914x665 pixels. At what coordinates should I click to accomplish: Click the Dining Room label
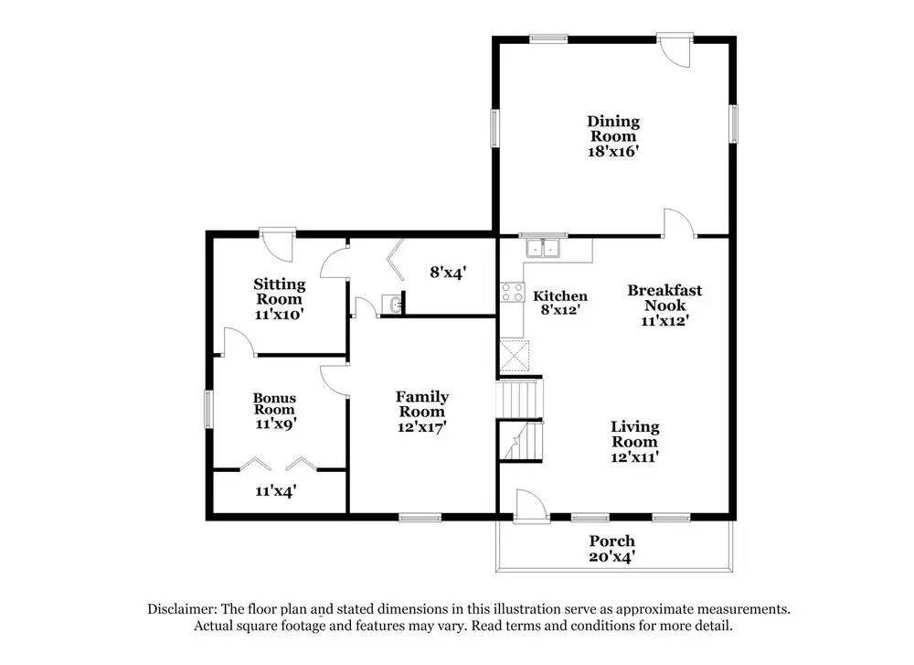coord(613,129)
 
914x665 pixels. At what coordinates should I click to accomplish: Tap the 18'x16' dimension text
coord(613,152)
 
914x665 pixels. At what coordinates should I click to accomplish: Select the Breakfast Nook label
coord(664,297)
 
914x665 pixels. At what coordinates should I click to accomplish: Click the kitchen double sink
coord(544,248)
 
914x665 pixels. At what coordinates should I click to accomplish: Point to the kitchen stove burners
coord(510,293)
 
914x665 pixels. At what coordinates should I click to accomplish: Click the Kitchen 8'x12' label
coord(560,303)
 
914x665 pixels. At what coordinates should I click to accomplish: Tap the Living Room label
coord(635,434)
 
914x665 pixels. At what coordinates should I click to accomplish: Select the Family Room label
coord(421,403)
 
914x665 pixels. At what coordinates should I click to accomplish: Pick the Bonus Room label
coord(274,403)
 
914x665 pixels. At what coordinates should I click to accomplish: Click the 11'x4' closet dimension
coord(275,491)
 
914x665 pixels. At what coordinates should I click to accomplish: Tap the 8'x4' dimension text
coord(449,272)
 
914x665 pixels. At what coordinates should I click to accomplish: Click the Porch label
coord(611,541)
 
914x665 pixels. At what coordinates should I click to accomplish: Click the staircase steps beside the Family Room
coord(519,400)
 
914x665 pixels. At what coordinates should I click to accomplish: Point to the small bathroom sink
coord(393,304)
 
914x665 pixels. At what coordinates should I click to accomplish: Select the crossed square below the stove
coord(514,354)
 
